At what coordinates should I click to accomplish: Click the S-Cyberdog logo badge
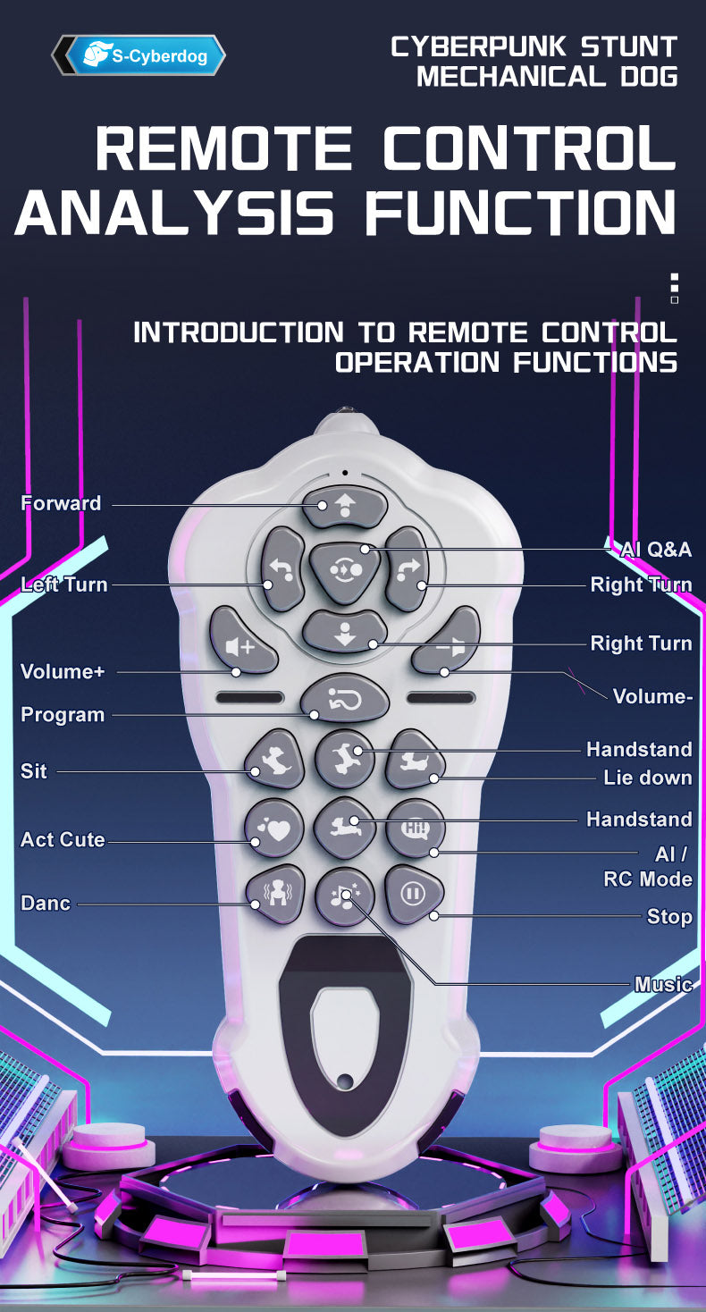point(139,55)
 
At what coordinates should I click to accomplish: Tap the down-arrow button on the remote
point(344,632)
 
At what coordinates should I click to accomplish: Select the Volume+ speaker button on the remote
point(241,642)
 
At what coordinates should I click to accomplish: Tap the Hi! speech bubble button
point(416,828)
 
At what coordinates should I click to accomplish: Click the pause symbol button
point(413,894)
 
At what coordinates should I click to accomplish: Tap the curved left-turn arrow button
point(282,568)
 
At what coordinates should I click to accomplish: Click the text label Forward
point(61,503)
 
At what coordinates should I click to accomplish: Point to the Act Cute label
point(63,839)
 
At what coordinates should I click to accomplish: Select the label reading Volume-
point(652,696)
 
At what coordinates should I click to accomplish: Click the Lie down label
point(648,778)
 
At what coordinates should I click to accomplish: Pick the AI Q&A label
point(656,550)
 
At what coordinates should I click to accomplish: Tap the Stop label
point(669,916)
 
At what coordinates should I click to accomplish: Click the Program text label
point(63,715)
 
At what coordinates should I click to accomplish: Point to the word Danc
point(46,903)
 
